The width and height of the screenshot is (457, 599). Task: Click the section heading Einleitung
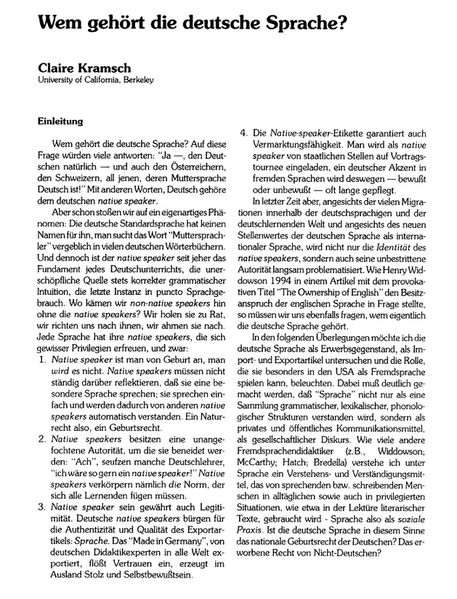coord(59,120)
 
